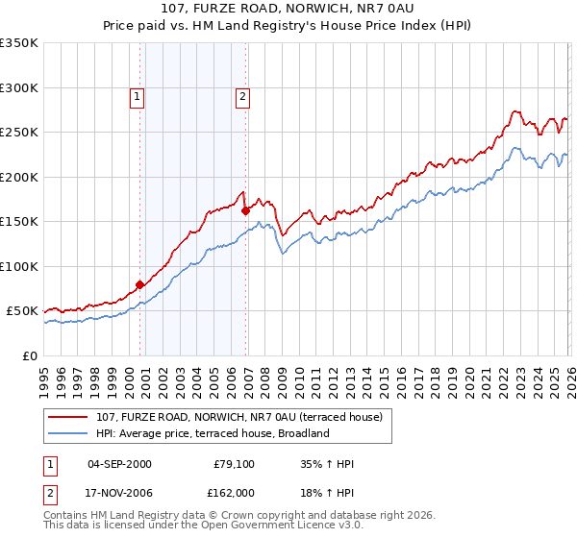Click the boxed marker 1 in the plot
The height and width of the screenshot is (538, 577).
click(x=138, y=95)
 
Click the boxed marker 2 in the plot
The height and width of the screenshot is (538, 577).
click(x=242, y=95)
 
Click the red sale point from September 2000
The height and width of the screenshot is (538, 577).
click(x=139, y=284)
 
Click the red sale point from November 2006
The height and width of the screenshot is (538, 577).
click(x=245, y=210)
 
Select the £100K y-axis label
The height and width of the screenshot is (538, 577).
click(x=20, y=266)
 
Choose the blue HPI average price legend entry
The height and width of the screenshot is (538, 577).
click(x=213, y=433)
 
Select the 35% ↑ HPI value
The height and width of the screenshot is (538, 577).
click(x=328, y=464)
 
